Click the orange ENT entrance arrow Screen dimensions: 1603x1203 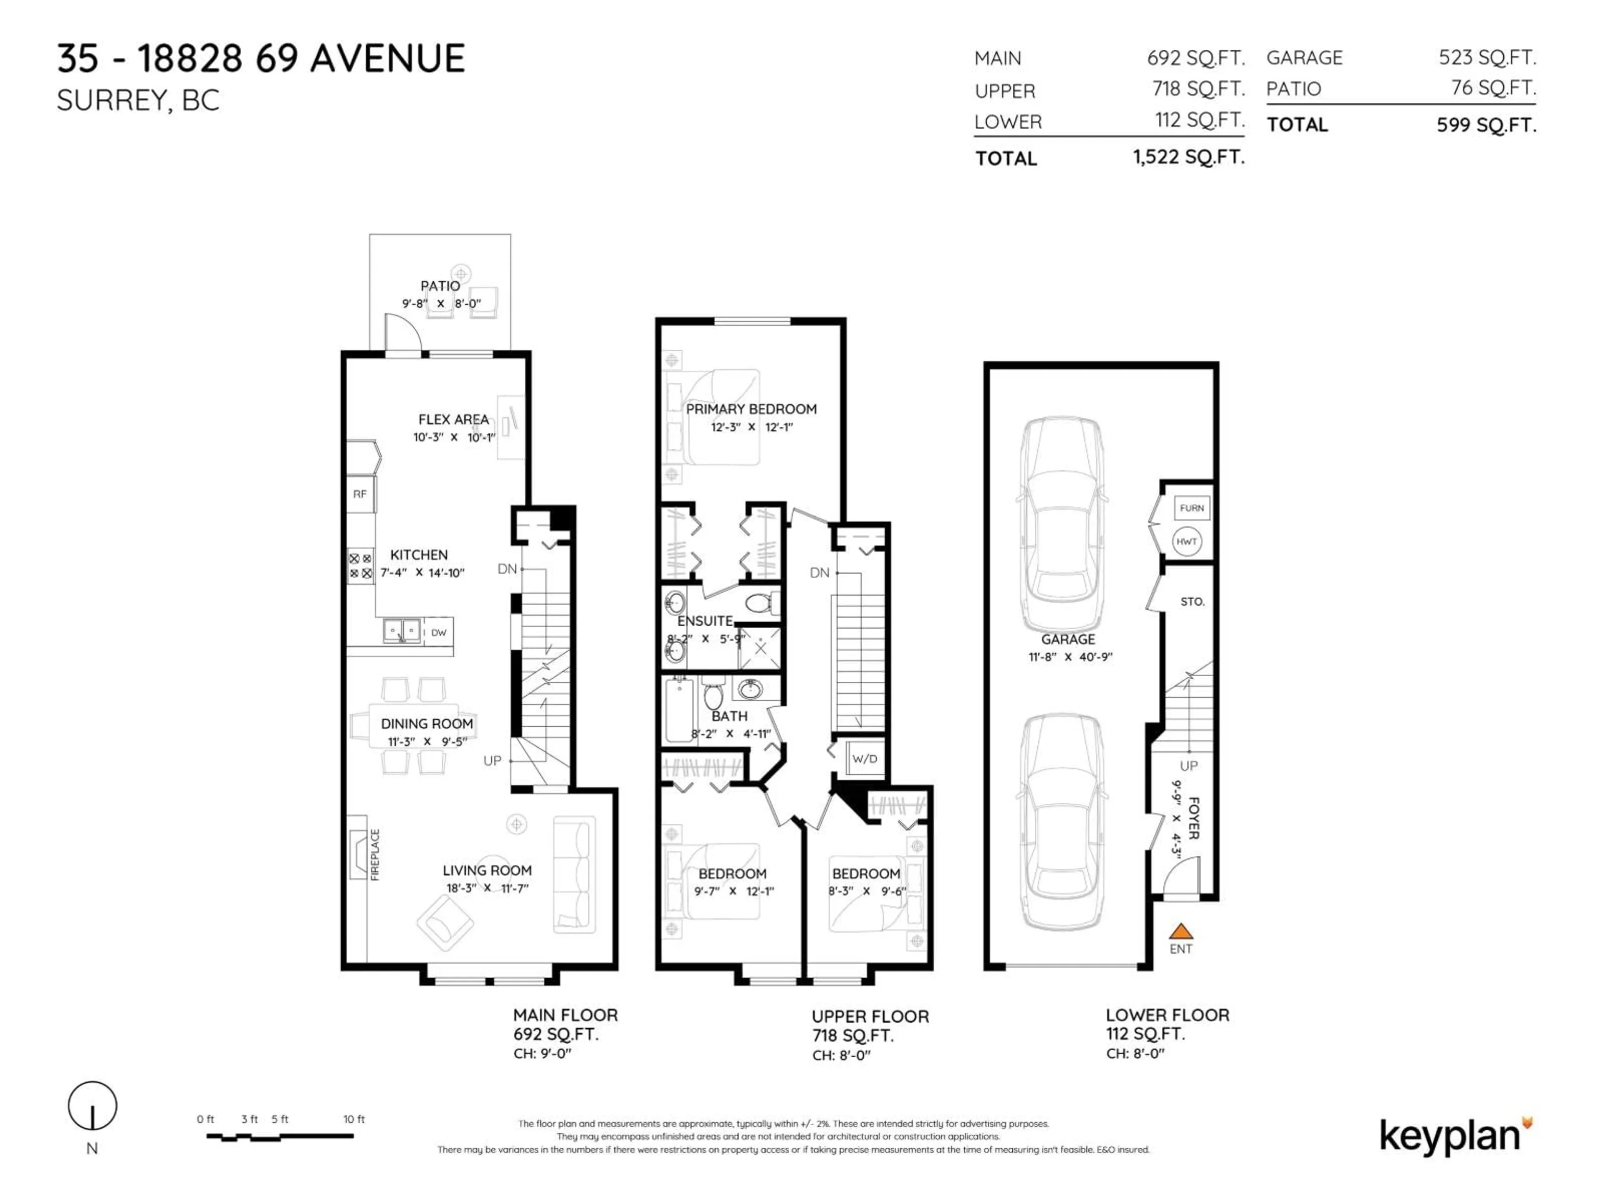click(1181, 931)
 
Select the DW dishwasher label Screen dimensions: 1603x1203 click(438, 632)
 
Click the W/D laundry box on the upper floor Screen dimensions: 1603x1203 click(865, 759)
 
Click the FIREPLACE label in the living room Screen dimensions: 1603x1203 click(375, 855)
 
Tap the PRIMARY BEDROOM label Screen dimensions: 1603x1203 click(751, 409)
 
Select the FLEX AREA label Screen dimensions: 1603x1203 click(454, 419)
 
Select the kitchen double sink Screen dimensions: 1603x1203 click(402, 630)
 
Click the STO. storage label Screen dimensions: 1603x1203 click(1192, 602)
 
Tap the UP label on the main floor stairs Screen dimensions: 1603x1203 click(493, 761)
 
